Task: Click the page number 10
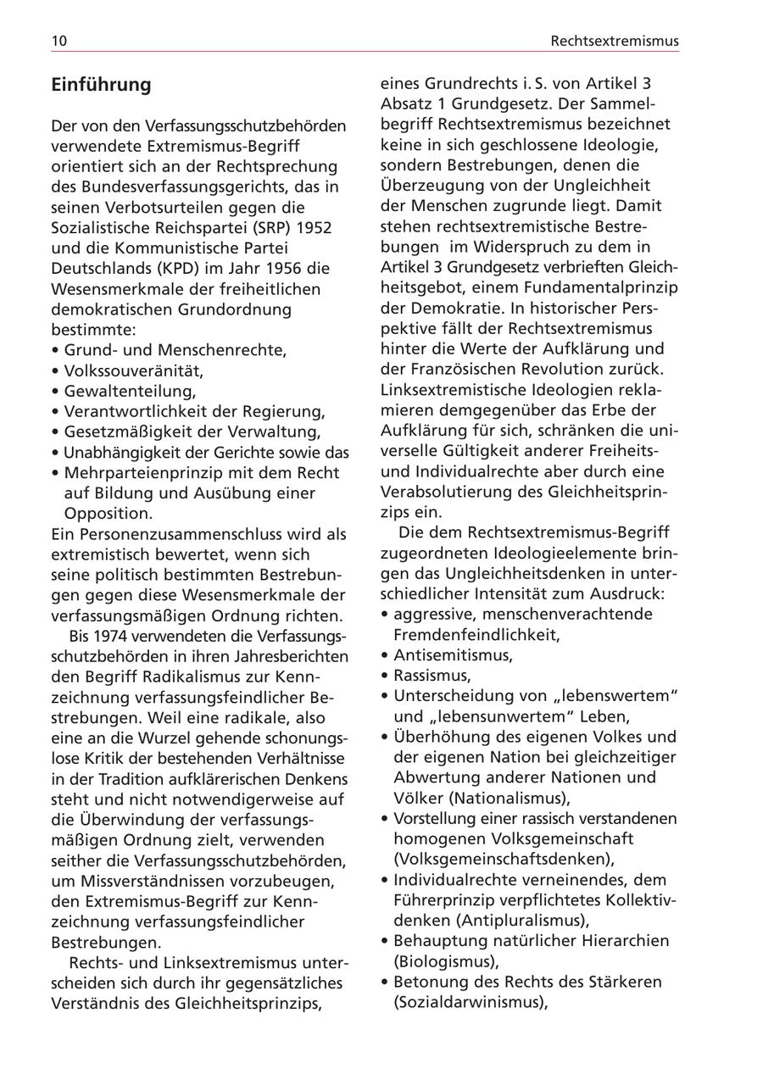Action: click(x=58, y=41)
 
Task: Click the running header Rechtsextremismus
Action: click(x=614, y=41)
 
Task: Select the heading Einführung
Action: click(x=101, y=85)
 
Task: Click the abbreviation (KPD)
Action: click(x=179, y=269)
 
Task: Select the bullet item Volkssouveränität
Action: click(x=133, y=370)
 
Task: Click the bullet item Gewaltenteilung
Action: click(x=129, y=391)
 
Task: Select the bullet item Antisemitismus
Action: click(x=452, y=655)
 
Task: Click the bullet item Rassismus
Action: click(x=432, y=676)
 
